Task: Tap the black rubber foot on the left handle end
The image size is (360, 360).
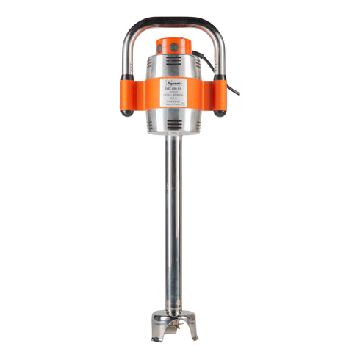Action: (126, 112)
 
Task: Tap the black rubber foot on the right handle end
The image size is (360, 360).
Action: (220, 112)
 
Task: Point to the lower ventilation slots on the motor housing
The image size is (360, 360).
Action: (174, 127)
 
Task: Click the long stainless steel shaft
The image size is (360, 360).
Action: (174, 220)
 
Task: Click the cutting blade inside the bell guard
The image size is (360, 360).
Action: (174, 328)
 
